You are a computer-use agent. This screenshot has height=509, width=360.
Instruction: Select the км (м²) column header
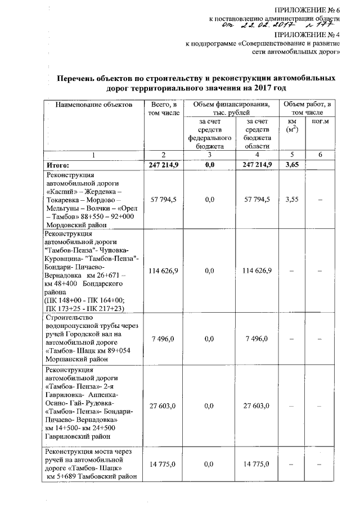[x=291, y=125]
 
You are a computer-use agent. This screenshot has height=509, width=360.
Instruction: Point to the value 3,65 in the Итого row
[x=291, y=165]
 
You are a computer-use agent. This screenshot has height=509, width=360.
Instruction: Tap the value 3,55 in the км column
[x=291, y=199]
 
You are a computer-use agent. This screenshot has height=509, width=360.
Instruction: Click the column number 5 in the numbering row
[x=291, y=155]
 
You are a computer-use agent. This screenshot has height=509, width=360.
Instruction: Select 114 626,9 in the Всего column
[x=162, y=271]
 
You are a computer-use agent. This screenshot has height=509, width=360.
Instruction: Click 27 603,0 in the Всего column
[x=162, y=406]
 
